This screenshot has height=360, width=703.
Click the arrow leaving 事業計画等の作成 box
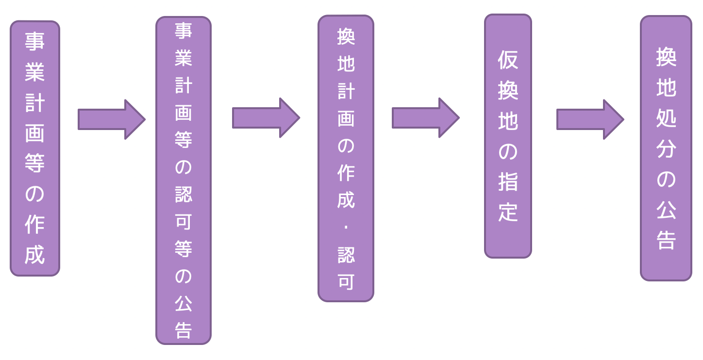coord(111,119)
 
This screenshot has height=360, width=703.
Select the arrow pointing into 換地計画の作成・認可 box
coord(266,118)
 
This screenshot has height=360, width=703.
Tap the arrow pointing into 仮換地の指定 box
coord(425,118)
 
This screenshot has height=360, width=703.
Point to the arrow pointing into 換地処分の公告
coord(589,119)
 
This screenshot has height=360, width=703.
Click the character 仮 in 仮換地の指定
coord(508,60)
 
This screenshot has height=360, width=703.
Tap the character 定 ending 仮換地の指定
coord(508,212)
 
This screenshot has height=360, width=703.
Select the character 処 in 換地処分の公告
coord(666,118)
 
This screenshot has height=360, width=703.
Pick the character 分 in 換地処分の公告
coord(666,148)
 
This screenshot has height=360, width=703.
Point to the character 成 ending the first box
coord(35,255)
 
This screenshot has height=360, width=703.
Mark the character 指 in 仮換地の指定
coord(508,181)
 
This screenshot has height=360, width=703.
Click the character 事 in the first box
coord(35,41)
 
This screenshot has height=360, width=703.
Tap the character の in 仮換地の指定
coord(508,151)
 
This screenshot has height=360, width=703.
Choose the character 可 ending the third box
coord(346,281)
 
